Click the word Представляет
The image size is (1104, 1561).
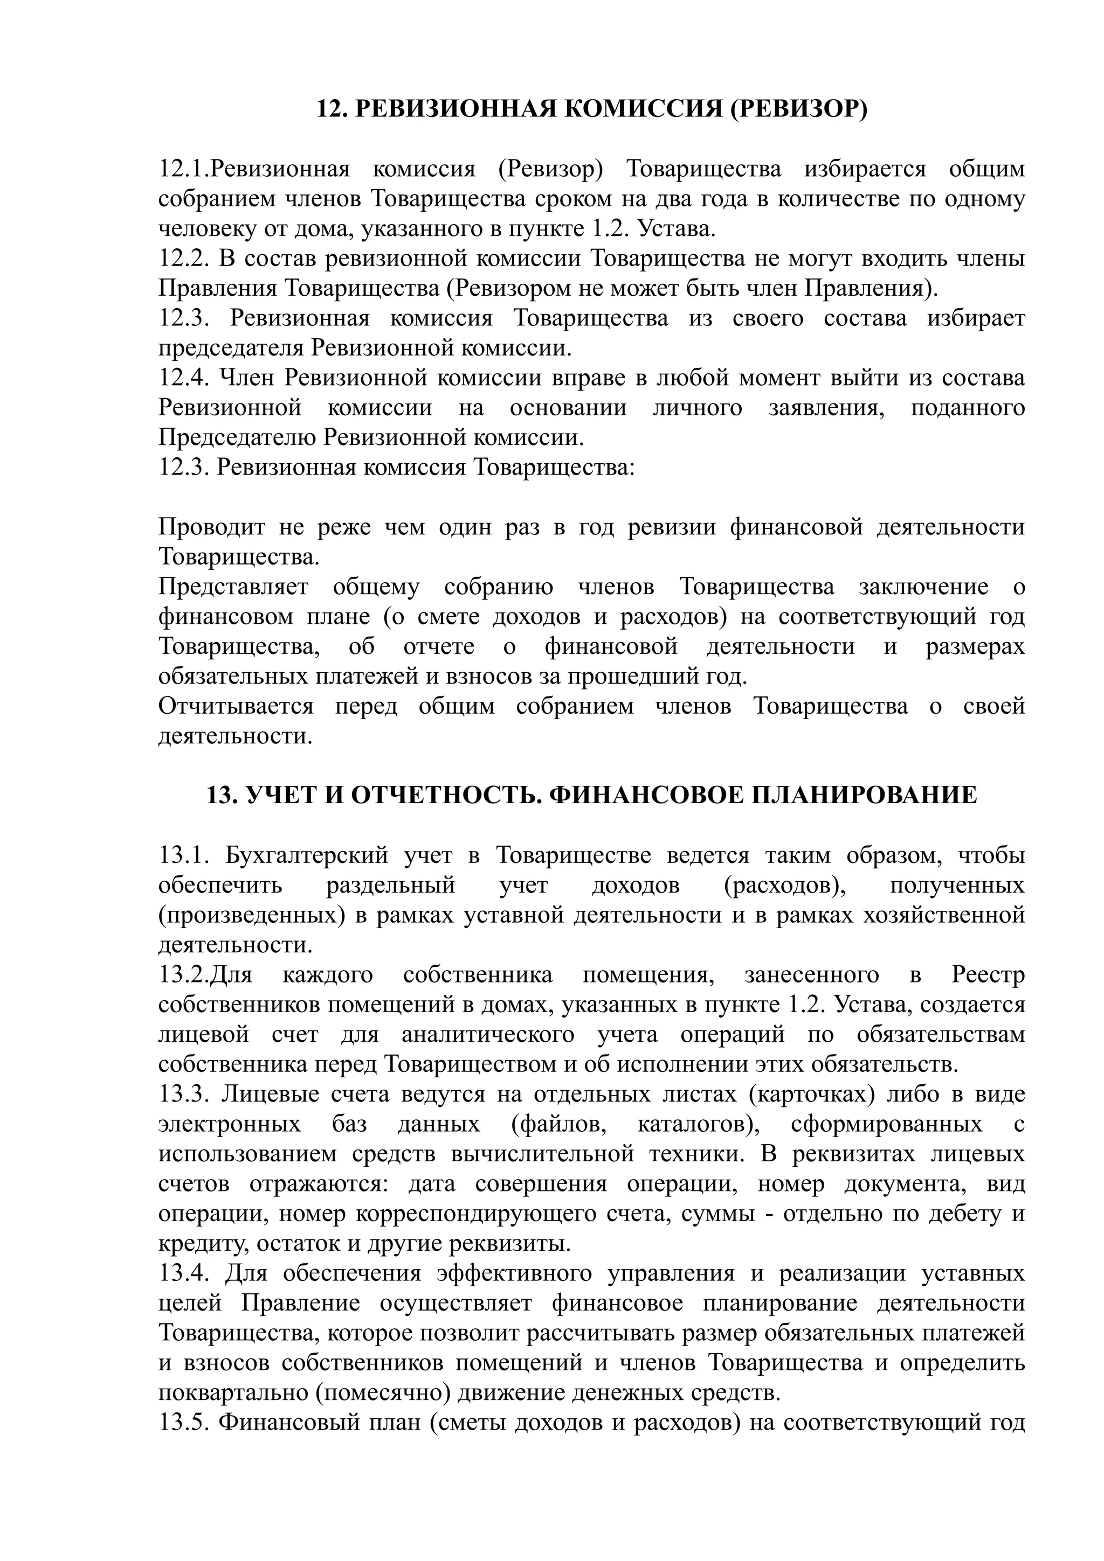pyautogui.click(x=233, y=587)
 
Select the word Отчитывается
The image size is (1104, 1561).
pyautogui.click(x=236, y=706)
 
